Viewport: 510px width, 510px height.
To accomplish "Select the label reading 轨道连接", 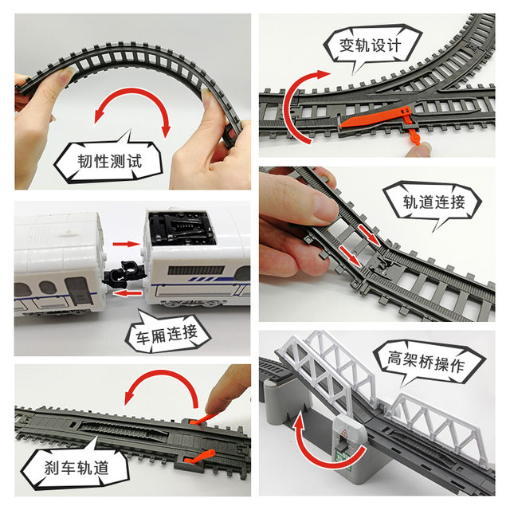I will [433, 202].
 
